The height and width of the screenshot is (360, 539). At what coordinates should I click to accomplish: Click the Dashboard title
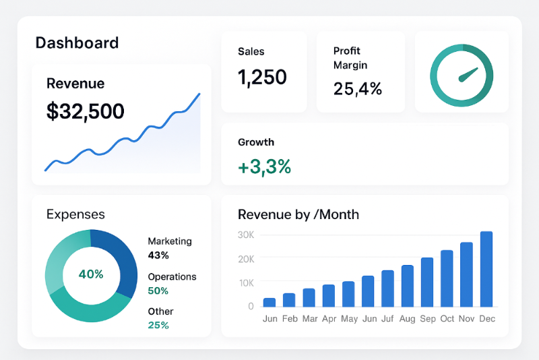pyautogui.click(x=77, y=43)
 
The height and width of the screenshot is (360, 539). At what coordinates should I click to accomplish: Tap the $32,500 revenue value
pyautogui.click(x=86, y=111)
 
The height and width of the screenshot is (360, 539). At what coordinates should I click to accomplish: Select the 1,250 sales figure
pyautogui.click(x=262, y=77)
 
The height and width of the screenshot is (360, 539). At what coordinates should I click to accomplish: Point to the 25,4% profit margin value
pyautogui.click(x=358, y=88)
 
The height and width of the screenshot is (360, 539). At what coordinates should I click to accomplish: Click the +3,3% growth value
pyautogui.click(x=264, y=167)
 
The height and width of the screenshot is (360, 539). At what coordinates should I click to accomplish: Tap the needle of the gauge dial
pyautogui.click(x=467, y=75)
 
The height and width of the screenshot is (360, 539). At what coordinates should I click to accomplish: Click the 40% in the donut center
pyautogui.click(x=91, y=274)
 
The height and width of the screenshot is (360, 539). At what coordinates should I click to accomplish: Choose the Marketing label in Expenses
pyautogui.click(x=170, y=241)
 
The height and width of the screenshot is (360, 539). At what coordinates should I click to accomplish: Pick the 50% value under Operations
pyautogui.click(x=158, y=291)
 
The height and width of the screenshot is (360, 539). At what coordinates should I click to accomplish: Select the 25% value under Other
pyautogui.click(x=158, y=325)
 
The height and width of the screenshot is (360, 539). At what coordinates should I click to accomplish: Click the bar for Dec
pyautogui.click(x=486, y=269)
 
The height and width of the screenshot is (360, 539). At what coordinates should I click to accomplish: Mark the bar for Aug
pyautogui.click(x=408, y=286)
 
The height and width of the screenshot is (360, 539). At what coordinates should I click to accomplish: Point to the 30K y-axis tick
pyautogui.click(x=246, y=235)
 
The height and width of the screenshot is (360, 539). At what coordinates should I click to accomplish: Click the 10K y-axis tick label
pyautogui.click(x=246, y=282)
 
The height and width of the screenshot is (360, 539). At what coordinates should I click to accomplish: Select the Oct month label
pyautogui.click(x=447, y=319)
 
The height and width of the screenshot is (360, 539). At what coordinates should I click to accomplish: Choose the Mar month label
pyautogui.click(x=309, y=319)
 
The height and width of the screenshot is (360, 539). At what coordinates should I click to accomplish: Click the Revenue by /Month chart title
pyautogui.click(x=298, y=214)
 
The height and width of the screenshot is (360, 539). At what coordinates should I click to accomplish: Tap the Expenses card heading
pyautogui.click(x=75, y=214)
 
